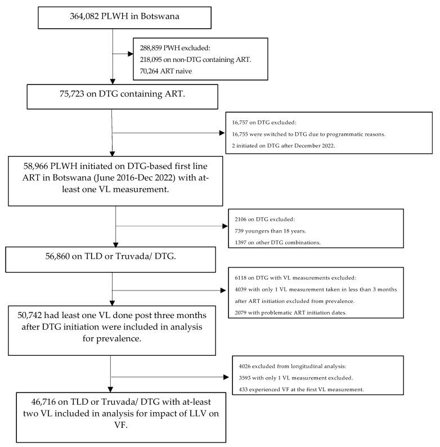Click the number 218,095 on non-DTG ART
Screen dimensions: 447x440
(x=153, y=59)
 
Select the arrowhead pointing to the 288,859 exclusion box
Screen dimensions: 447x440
(x=130, y=53)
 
